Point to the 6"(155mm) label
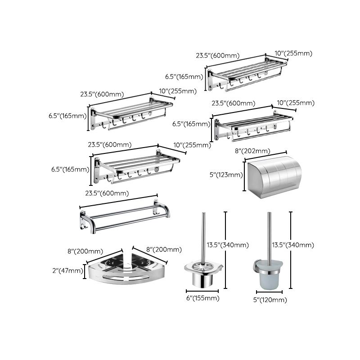click(x=203, y=298)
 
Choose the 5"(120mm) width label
click(x=270, y=300)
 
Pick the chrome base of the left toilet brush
click(x=203, y=275)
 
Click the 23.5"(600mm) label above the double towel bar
click(x=107, y=193)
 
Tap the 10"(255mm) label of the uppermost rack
click(x=293, y=54)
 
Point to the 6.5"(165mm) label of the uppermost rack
click(x=184, y=76)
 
